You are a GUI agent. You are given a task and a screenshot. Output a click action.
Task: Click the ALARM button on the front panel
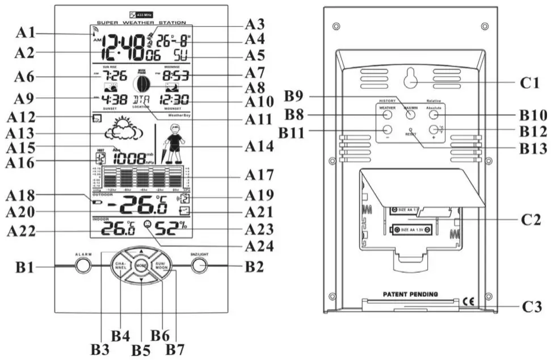coord(83,265)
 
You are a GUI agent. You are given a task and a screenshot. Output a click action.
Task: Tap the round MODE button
coord(141,265)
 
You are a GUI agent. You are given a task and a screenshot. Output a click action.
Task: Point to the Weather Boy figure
coord(175,144)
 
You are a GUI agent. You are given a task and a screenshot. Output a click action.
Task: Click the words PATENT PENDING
coord(410,294)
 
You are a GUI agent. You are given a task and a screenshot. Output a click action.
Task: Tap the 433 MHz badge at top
coord(141,12)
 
